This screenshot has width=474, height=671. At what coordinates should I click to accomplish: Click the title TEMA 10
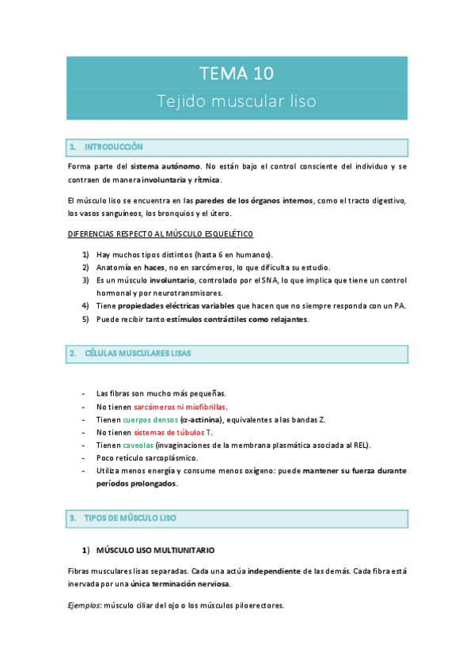(237, 74)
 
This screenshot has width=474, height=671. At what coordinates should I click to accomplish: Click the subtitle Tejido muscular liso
(237, 103)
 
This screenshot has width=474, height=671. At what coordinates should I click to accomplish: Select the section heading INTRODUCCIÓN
(113, 147)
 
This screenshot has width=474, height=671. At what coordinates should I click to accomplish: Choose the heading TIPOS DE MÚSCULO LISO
(130, 517)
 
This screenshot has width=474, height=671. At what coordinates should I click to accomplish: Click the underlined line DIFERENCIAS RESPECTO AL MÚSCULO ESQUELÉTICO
(161, 234)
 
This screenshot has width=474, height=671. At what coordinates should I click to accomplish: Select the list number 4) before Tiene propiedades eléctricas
(85, 306)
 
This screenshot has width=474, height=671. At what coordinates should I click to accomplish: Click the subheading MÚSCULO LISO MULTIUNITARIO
(155, 550)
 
